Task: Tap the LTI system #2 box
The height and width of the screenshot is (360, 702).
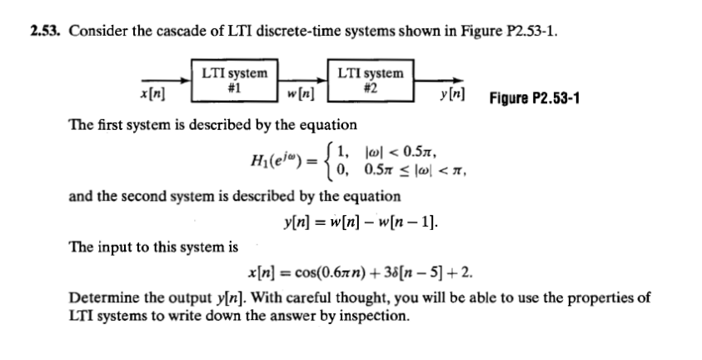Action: (x=373, y=79)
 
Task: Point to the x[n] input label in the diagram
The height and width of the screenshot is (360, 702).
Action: (x=154, y=97)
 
